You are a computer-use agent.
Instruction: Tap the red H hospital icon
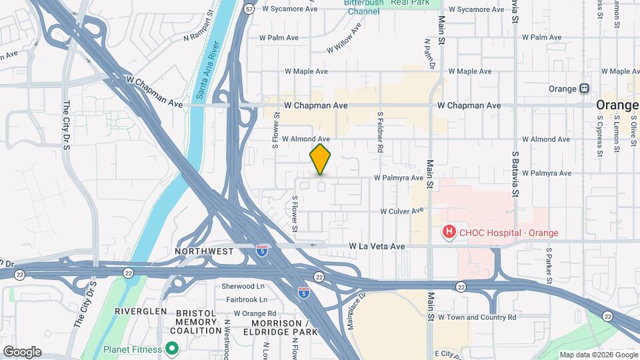point(450,232)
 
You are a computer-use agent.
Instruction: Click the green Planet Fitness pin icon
point(172,349)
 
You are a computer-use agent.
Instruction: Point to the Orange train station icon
point(585,89)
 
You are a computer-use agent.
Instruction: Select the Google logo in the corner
point(22,351)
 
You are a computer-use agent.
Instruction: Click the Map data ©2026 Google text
point(598,355)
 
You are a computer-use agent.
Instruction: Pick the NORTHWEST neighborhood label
point(204,251)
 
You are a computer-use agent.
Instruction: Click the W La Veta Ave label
point(377,247)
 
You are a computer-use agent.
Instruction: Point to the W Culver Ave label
point(402,211)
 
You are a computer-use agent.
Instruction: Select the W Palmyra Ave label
point(398,178)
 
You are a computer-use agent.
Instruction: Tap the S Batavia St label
point(515,169)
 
